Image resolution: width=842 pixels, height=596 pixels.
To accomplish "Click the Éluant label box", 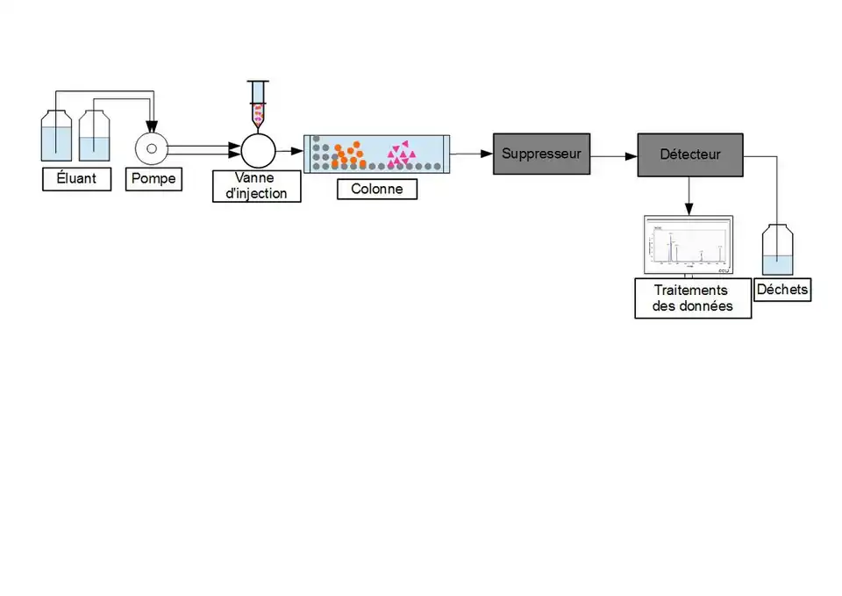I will pos(77,180).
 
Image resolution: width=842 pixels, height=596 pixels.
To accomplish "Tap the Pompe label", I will pos(153,180).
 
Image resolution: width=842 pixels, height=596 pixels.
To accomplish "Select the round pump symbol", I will pos(152,149).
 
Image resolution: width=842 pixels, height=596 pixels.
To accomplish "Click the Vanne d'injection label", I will pos(256,186).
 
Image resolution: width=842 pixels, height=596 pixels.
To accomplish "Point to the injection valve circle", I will pos(258,150).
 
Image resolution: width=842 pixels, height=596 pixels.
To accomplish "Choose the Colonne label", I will pos(377,189).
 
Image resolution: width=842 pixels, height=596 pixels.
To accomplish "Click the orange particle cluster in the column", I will pos(348,155).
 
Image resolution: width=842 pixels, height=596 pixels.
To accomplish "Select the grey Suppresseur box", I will pos(541,154).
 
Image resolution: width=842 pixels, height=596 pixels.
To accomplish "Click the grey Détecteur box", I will pos(690,154).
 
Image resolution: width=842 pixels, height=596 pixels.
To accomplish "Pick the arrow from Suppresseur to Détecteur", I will pos(614,156).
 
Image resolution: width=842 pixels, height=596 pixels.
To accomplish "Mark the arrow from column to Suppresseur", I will pos(471,154).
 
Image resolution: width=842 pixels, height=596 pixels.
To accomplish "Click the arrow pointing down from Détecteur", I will pos(689,195).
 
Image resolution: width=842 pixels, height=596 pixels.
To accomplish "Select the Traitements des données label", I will pos(693,298).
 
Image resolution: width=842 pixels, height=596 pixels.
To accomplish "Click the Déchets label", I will pos(782,290).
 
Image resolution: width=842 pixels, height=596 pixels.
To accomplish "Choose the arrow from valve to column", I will pos(289,151).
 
